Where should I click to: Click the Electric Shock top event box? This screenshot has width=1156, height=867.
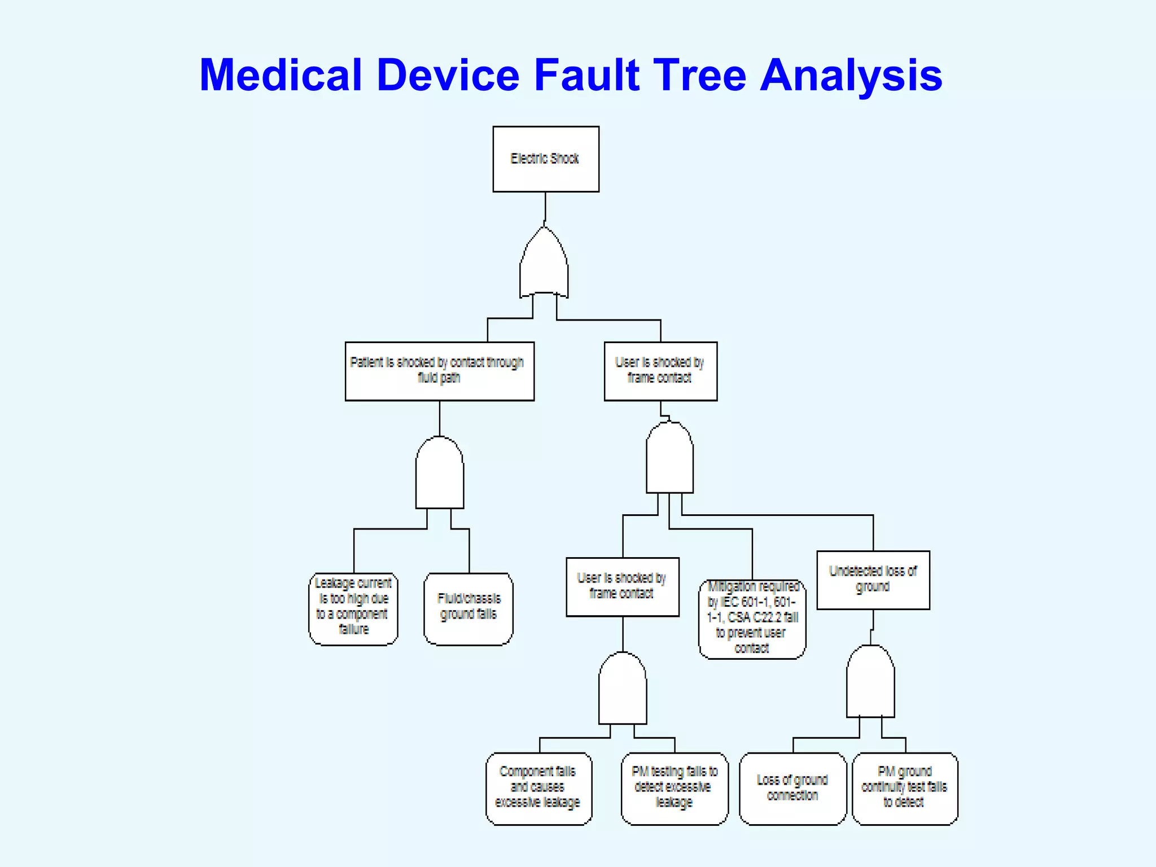pos(546,159)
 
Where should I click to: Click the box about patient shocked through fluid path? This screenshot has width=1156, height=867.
pos(439,371)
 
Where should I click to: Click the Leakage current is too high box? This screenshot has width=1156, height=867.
pos(353,608)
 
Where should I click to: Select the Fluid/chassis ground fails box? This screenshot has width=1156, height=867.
pos(468,608)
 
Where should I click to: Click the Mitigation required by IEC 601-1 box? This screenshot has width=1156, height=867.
pos(752,619)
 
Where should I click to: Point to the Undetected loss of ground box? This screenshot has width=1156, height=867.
pos(873,580)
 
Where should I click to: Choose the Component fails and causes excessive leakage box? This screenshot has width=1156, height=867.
pos(538,788)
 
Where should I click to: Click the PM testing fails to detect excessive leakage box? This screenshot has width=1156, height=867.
pos(675,788)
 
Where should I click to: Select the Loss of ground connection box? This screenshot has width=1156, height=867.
pos(792,788)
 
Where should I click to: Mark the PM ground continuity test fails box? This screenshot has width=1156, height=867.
pos(904,788)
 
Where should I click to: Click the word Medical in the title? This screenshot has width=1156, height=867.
pos(281,75)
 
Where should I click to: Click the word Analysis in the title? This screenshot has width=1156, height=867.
pos(851,75)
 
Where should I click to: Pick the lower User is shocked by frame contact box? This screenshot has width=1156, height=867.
pos(623,586)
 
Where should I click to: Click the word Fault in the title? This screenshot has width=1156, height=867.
pos(587,75)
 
